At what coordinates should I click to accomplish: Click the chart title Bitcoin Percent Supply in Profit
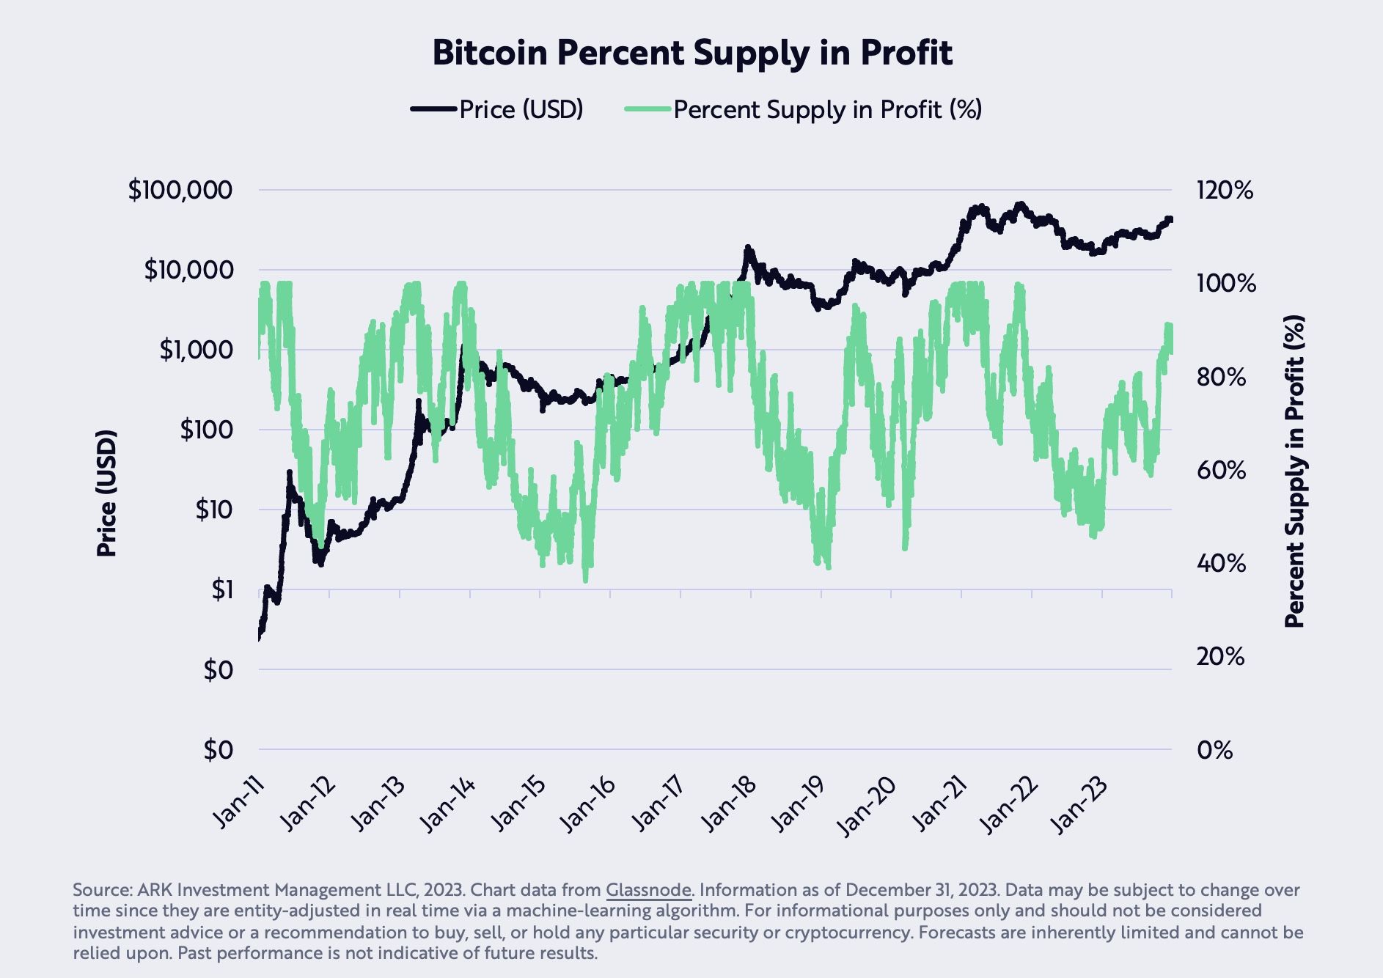691,53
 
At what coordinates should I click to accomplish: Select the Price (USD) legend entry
521,110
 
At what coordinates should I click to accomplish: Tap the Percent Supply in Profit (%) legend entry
826,110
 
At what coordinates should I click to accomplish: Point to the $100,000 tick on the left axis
180,191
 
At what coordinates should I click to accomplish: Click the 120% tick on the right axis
1225,191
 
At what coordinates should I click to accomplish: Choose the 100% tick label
1225,284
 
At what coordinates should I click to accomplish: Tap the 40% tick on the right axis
1221,564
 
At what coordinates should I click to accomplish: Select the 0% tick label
1214,750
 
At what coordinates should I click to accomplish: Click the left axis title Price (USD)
107,493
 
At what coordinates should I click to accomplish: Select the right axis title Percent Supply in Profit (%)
1296,471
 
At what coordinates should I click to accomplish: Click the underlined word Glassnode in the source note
648,891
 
